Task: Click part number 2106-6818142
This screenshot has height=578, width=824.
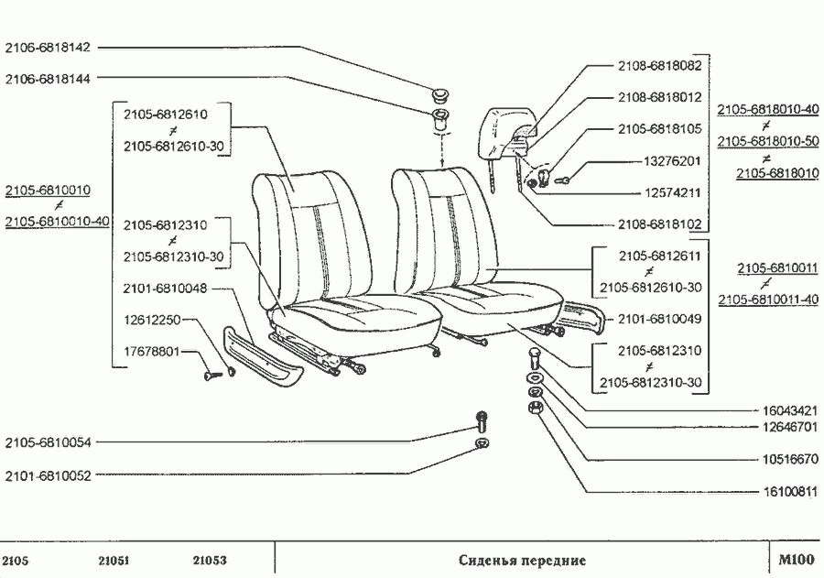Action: pos(47,48)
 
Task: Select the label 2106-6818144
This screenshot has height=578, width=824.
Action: pos(47,79)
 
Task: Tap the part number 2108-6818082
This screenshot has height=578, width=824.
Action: pos(659,67)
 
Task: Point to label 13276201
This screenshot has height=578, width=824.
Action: pos(672,161)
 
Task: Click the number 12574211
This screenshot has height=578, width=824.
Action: pos(672,192)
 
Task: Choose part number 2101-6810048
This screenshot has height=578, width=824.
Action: pos(165,289)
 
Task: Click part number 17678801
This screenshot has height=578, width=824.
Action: pos(151,351)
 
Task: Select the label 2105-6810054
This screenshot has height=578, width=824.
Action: pos(47,442)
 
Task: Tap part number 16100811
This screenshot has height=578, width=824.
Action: pos(788,491)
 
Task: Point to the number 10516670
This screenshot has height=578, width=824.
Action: pos(788,459)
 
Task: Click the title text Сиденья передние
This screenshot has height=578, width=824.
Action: pos(522,561)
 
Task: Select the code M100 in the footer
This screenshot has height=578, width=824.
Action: pos(795,561)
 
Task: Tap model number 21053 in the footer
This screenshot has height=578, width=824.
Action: pos(211,561)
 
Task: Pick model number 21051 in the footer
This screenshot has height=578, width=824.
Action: pos(115,561)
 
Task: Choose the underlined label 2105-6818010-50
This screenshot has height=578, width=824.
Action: pos(767,141)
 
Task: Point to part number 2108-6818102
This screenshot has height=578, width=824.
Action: pos(659,224)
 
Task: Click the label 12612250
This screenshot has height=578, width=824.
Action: pos(151,320)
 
